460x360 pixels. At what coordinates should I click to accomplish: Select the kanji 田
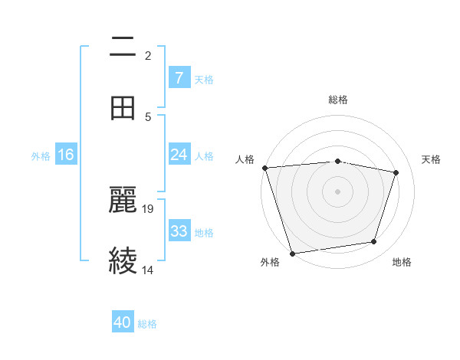click(x=123, y=109)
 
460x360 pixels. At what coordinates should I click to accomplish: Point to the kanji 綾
click(x=123, y=260)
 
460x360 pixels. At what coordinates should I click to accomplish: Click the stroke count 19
click(x=149, y=208)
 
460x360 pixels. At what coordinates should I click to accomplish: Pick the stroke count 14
click(x=148, y=270)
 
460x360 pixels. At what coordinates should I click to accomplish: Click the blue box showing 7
click(x=179, y=78)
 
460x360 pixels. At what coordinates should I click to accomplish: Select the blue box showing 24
click(x=179, y=155)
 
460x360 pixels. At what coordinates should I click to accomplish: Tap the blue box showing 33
click(x=179, y=231)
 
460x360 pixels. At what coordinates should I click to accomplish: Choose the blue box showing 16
click(x=66, y=155)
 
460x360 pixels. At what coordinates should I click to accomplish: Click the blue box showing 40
click(x=123, y=322)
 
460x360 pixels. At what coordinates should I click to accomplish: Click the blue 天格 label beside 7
click(x=204, y=79)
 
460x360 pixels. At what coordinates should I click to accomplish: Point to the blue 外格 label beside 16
click(x=41, y=155)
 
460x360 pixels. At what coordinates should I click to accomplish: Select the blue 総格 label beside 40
click(x=147, y=323)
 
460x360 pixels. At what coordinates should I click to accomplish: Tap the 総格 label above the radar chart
click(x=338, y=100)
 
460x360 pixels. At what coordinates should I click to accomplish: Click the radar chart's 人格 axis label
click(x=245, y=159)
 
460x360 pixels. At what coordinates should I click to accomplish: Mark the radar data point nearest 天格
click(x=396, y=172)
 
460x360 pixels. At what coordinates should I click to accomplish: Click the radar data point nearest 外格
click(x=292, y=253)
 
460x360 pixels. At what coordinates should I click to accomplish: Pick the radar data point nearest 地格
click(x=374, y=242)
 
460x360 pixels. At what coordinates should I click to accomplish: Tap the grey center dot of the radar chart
click(x=338, y=191)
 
